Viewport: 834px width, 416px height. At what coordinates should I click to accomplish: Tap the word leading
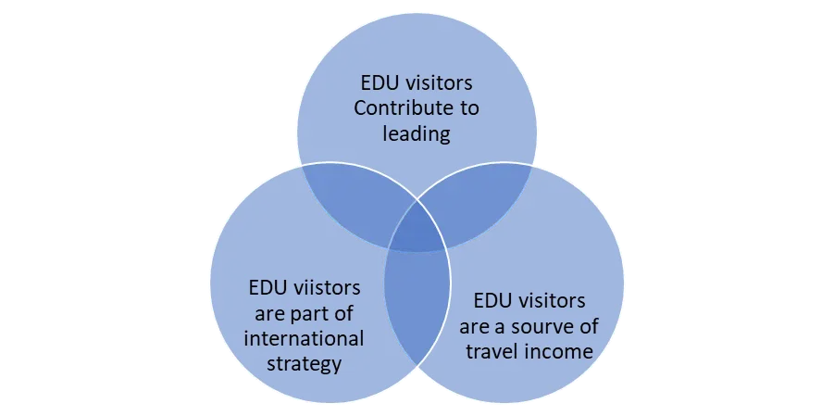point(417,133)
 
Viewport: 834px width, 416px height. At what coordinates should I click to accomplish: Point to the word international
point(304,336)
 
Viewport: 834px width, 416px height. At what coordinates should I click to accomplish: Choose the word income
point(562,352)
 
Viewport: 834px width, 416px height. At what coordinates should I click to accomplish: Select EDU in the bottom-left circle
point(268,287)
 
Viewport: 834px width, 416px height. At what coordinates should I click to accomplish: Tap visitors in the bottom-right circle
point(556,301)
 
